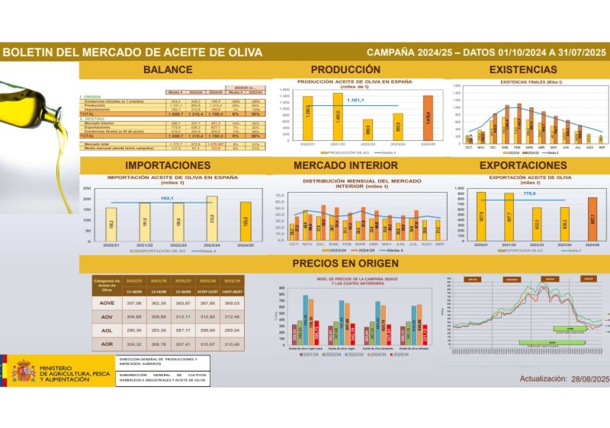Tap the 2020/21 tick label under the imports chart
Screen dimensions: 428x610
point(111,245)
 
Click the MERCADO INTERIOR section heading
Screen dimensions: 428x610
point(344,165)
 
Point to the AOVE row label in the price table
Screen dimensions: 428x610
point(107,303)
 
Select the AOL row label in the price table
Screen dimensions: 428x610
point(107,331)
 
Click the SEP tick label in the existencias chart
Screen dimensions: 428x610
point(601,148)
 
